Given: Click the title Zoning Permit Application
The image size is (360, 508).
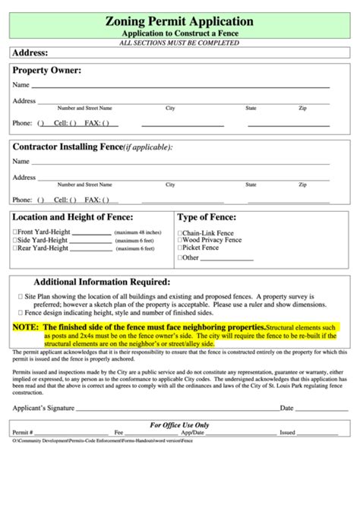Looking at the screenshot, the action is pyautogui.click(x=180, y=22).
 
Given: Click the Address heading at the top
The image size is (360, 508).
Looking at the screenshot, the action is pyautogui.click(x=30, y=52).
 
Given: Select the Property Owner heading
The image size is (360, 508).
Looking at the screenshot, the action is pyautogui.click(x=46, y=71).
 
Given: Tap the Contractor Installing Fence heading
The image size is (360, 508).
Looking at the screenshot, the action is pyautogui.click(x=67, y=147).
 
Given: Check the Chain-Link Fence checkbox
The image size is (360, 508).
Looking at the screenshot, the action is pyautogui.click(x=180, y=233).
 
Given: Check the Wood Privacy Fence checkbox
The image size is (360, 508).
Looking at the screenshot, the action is pyautogui.click(x=180, y=240).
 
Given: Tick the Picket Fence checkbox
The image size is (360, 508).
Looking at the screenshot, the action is pyautogui.click(x=180, y=248).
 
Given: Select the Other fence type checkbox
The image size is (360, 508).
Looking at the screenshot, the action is pyautogui.click(x=180, y=257).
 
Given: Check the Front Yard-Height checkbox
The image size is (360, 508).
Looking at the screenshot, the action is pyautogui.click(x=15, y=232).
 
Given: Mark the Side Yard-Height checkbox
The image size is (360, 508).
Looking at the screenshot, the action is pyautogui.click(x=15, y=240).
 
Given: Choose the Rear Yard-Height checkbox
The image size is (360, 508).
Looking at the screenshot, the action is pyautogui.click(x=15, y=248).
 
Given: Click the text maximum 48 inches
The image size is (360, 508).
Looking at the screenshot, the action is pyautogui.click(x=138, y=232).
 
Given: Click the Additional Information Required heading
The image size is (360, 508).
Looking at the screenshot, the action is pyautogui.click(x=102, y=282).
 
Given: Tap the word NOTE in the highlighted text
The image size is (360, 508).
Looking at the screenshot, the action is pyautogui.click(x=25, y=327).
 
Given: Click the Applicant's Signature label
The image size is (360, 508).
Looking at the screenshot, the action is pyautogui.click(x=43, y=408).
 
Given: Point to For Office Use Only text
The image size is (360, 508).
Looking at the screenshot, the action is pyautogui.click(x=179, y=425).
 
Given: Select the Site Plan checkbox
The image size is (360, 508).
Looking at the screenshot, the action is pyautogui.click(x=20, y=296).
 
